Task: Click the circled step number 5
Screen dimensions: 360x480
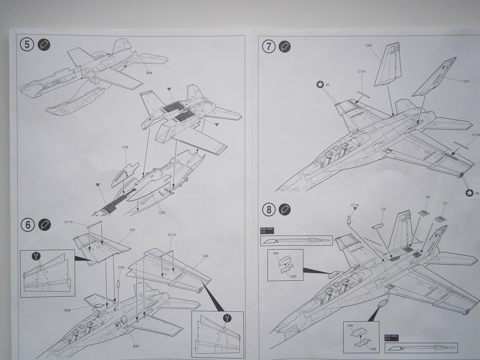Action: click(x=27, y=45)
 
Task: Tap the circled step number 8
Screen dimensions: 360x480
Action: click(x=269, y=209)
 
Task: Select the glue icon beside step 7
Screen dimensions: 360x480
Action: click(x=285, y=47)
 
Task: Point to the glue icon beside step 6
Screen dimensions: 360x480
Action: click(x=45, y=225)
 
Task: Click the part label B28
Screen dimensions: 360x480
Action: click(x=149, y=73)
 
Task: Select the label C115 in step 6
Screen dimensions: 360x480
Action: click(x=69, y=222)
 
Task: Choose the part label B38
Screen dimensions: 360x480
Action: click(x=68, y=311)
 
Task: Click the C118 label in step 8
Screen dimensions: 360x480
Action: click(x=354, y=205)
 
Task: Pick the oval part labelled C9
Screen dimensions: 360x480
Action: click(x=378, y=226)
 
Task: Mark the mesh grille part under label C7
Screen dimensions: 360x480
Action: click(x=440, y=219)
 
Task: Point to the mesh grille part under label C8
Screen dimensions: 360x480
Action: click(x=423, y=213)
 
